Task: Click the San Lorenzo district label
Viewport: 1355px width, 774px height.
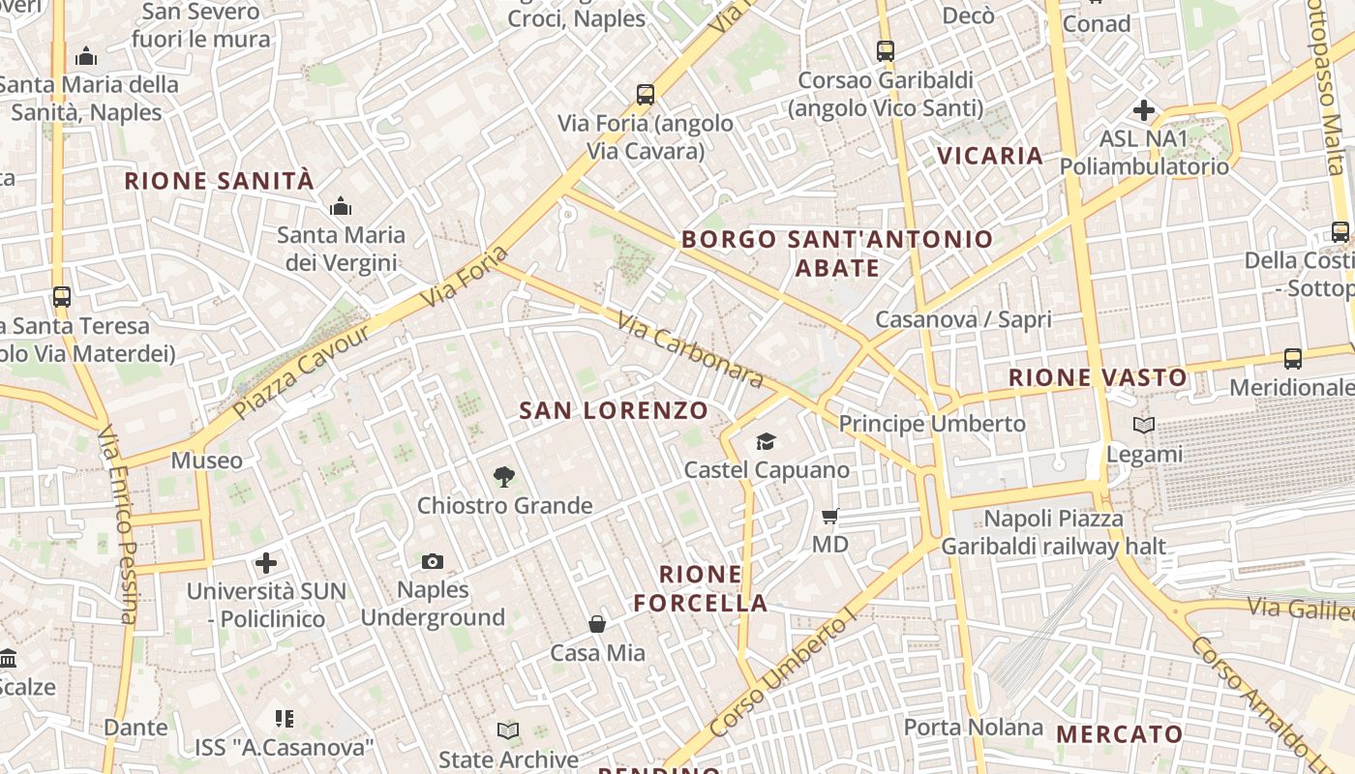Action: coord(614,410)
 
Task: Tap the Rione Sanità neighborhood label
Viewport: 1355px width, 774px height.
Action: coord(220,181)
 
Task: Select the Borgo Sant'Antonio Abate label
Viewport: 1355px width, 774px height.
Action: coord(837,253)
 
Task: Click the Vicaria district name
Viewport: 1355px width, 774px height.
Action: coord(990,156)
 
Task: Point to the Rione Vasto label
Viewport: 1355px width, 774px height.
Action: coord(1098,377)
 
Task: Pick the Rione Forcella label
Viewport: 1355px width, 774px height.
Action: coord(701,588)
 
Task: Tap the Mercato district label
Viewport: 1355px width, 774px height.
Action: coord(1119,734)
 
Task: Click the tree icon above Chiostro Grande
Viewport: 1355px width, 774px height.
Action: coord(503,476)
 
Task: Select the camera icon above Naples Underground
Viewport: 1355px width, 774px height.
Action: coord(433,561)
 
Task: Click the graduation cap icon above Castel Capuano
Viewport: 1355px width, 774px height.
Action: coord(767,441)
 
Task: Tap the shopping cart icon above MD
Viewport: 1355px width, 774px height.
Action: coord(829,516)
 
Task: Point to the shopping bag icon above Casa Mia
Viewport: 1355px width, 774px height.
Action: coord(597,624)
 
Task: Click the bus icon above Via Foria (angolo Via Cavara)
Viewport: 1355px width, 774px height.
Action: coord(646,95)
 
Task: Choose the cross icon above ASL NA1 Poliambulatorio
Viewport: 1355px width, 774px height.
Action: coord(1144,110)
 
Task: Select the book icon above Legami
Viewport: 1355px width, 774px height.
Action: coord(1144,425)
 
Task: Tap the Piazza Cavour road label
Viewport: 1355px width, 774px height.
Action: coord(301,371)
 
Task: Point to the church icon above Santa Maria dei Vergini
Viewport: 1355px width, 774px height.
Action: coord(341,206)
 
